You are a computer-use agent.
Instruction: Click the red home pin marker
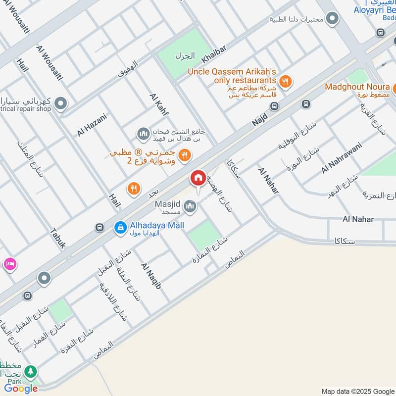coord(198,179)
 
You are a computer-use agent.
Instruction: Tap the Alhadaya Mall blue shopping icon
coord(120,227)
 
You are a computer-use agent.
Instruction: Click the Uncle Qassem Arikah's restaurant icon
coord(285,81)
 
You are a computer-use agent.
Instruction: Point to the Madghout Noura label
coord(357,87)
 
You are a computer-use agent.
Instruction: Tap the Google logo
coord(21,389)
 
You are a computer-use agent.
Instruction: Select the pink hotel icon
coord(10,264)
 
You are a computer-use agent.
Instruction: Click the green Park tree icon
coord(31,371)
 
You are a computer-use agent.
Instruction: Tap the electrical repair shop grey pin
coord(60,103)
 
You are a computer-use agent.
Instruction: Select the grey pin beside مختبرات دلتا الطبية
coord(333,19)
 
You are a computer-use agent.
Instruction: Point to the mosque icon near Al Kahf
coord(144,133)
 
